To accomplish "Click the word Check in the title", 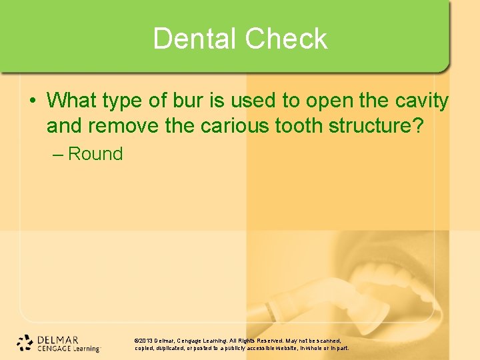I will (x=286, y=39).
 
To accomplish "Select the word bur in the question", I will (x=180, y=101).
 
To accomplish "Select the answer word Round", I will (x=95, y=154).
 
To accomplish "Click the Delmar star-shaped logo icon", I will (x=25, y=342).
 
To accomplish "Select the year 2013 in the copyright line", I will (x=147, y=340).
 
